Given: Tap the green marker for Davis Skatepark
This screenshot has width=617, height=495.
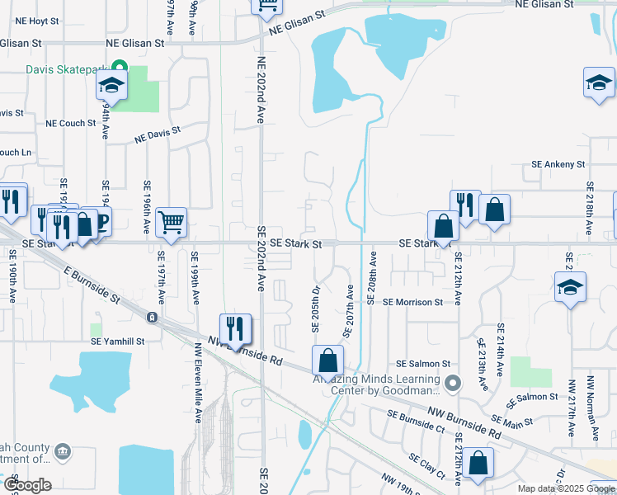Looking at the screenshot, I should pos(119,68).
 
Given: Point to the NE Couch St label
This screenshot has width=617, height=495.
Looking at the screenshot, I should pos(71,123).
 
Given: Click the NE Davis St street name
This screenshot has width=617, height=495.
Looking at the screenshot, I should pos(158,134).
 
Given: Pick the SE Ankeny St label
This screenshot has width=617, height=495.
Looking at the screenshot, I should pos(558,164).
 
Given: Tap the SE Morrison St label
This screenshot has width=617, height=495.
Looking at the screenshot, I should pos(412,302).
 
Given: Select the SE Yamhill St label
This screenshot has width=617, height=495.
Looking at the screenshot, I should pos(117,341).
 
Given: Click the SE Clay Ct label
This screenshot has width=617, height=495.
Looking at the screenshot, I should pos(426,466).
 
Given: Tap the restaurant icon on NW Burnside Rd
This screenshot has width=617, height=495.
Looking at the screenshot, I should pos(235,328).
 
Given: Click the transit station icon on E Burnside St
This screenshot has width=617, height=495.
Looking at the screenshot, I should pos(152,317).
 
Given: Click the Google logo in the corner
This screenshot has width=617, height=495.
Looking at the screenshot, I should pos(26,484).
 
